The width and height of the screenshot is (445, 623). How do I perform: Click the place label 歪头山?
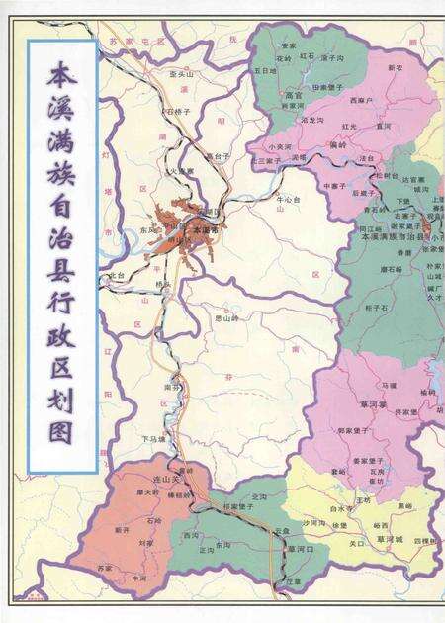tap(181, 74)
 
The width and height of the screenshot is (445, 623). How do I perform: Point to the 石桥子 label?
tap(178, 112)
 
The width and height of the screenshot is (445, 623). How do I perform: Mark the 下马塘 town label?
tap(153, 438)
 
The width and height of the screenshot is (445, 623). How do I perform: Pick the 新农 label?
tap(396, 68)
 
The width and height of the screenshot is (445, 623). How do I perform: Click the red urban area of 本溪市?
tap(188, 222)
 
